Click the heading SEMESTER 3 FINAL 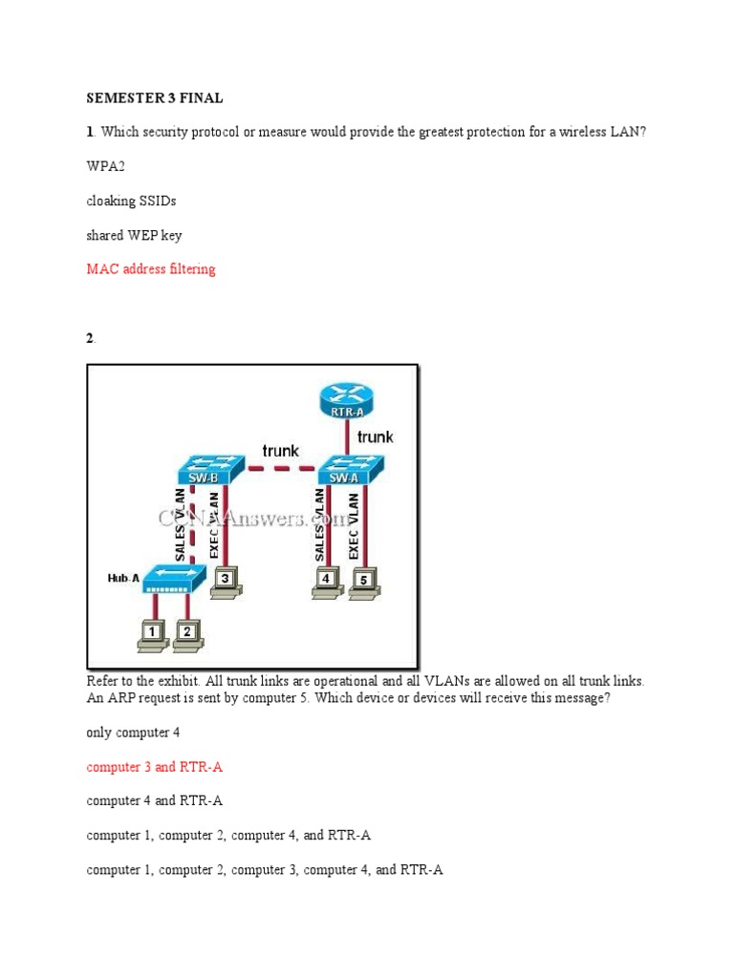pyautogui.click(x=155, y=97)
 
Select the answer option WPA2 pyautogui.click(x=105, y=166)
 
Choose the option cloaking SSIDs pyautogui.click(x=131, y=201)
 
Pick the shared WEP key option pyautogui.click(x=134, y=235)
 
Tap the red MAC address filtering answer pyautogui.click(x=151, y=269)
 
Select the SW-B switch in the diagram pyautogui.click(x=204, y=470)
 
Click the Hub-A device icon pyautogui.click(x=170, y=577)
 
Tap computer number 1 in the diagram pyautogui.click(x=152, y=634)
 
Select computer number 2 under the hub pyautogui.click(x=187, y=634)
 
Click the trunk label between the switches pyautogui.click(x=280, y=450)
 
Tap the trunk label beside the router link pyautogui.click(x=375, y=436)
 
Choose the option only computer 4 pyautogui.click(x=133, y=733)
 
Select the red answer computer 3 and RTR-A pyautogui.click(x=155, y=767)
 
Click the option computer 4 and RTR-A pyautogui.click(x=155, y=801)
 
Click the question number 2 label pyautogui.click(x=91, y=338)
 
